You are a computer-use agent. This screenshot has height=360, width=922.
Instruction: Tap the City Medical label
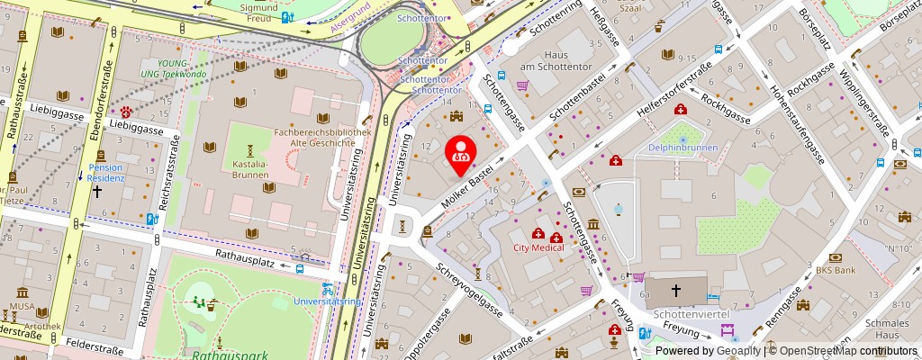point(538,247)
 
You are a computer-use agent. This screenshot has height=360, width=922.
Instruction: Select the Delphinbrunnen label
point(682,148)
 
